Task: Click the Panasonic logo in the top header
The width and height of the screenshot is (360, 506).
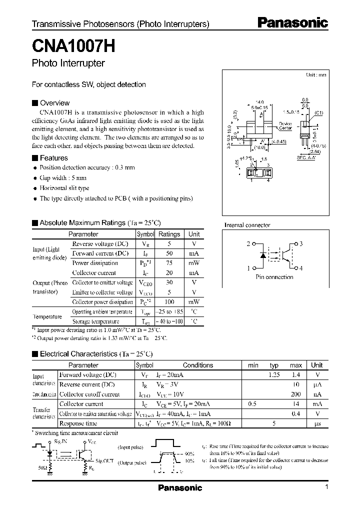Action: (292, 22)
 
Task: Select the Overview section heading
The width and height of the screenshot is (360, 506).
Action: (54, 102)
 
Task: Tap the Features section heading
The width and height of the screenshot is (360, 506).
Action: (53, 157)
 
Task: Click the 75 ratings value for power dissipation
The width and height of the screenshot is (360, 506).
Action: (169, 263)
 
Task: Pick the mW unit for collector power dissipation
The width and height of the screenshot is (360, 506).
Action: (193, 302)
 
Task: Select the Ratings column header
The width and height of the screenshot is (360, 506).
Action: (169, 234)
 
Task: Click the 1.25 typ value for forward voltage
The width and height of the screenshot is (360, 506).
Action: (274, 375)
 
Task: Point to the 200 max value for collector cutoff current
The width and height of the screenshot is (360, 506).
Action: (296, 394)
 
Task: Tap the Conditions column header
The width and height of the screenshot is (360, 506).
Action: (197, 365)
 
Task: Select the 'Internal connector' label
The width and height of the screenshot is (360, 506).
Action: (247, 225)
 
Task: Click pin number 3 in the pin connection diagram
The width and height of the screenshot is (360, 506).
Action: (301, 244)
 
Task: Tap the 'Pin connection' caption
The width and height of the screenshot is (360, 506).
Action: (274, 277)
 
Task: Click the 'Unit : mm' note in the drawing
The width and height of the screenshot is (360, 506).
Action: (316, 74)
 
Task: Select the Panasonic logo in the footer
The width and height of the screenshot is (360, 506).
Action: (180, 488)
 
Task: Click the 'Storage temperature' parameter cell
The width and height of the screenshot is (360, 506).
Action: (96, 321)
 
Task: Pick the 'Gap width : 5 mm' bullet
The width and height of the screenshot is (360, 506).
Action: (63, 178)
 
